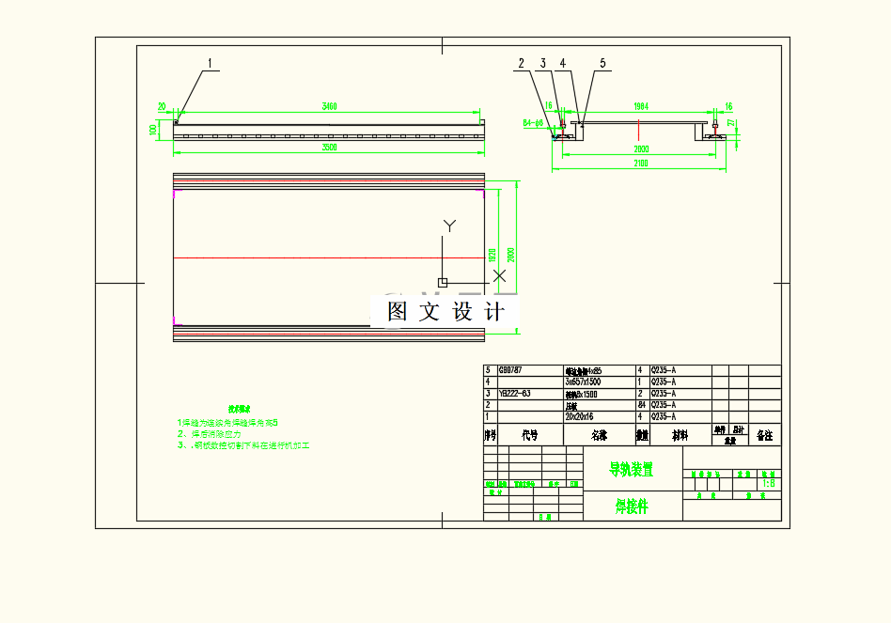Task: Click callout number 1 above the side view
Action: coord(210,63)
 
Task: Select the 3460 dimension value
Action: coord(329,106)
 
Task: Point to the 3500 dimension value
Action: coord(329,148)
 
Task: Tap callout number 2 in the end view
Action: coord(519,63)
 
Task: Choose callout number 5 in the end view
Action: coord(603,63)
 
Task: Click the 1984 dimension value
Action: coord(641,106)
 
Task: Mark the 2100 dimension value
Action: coord(641,164)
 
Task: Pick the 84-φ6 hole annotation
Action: coord(533,122)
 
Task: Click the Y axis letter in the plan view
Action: coord(449,226)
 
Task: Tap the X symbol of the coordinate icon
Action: coord(500,275)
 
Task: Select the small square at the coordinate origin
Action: coord(444,282)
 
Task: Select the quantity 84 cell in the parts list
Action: coord(642,405)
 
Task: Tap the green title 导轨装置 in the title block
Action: coord(632,468)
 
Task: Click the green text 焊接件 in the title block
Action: coord(632,506)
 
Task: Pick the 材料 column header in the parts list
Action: coord(679,435)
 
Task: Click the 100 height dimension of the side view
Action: coord(153,129)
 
